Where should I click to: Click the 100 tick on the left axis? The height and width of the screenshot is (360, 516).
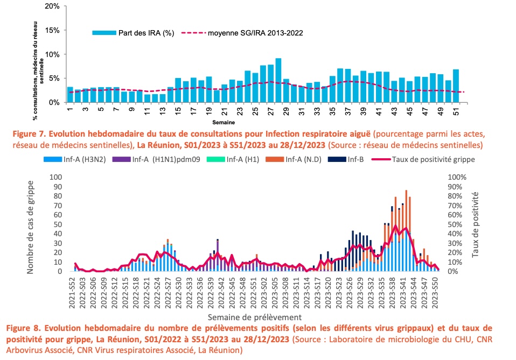tap(55, 177)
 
